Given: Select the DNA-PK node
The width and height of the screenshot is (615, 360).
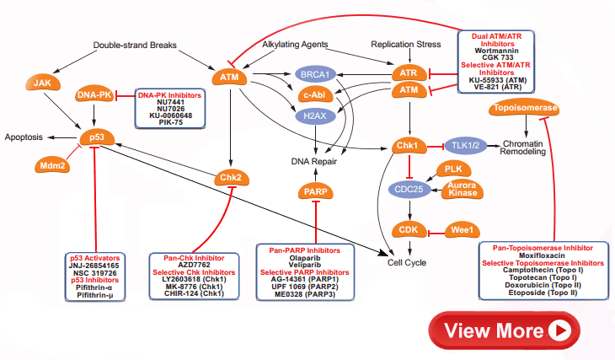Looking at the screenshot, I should (94, 96).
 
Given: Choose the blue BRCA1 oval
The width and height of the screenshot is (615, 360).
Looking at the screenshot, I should (313, 75).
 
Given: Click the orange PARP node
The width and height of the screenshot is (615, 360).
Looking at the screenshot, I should (315, 194).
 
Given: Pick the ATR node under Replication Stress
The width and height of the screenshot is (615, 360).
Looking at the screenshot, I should (409, 74).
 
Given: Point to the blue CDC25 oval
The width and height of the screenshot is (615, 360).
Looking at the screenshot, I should (409, 190).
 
